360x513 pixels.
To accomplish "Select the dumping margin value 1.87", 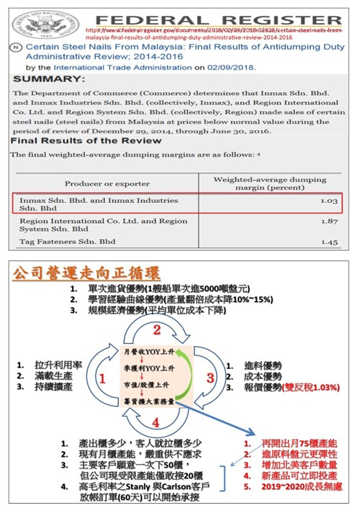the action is pyautogui.click(x=328, y=222).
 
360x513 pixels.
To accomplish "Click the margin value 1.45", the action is pyautogui.click(x=328, y=242).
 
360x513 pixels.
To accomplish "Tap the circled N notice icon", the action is pyautogui.click(x=16, y=45).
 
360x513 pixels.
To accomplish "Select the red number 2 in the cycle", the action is pyautogui.click(x=156, y=330).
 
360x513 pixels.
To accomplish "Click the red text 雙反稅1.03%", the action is pyautogui.click(x=311, y=387).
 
